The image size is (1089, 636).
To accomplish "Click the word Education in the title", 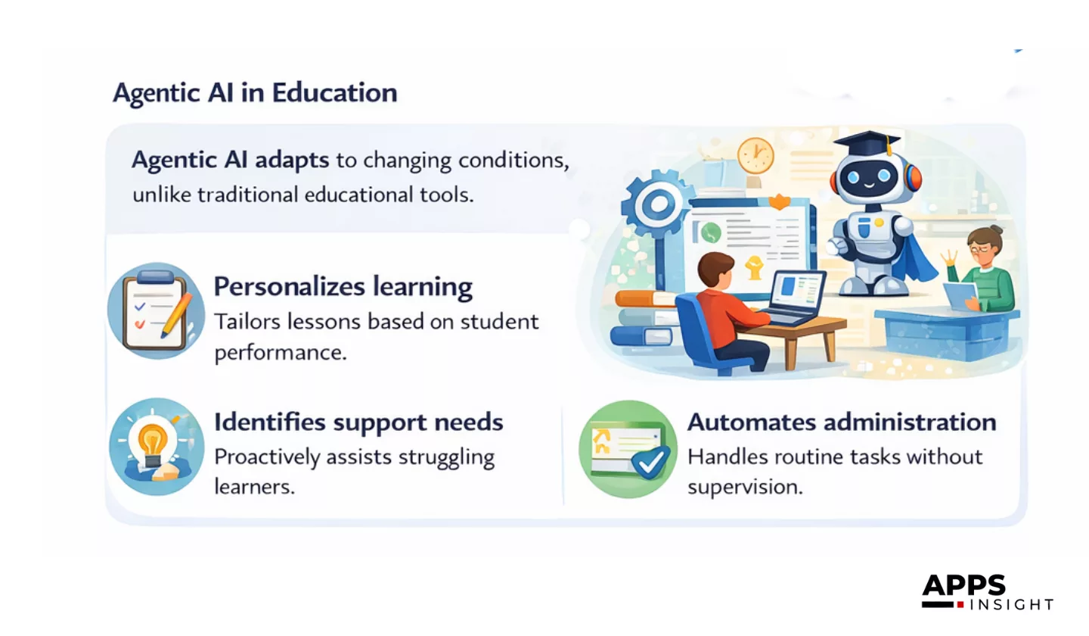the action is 334,92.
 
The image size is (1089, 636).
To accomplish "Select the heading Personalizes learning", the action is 343,287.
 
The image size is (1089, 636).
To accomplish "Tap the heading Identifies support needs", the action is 358,422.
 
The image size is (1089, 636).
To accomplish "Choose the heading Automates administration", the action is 842,422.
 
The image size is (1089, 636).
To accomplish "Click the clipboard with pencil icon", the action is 156,311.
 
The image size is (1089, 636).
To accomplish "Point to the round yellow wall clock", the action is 755,156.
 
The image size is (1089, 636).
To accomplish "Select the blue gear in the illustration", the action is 657,204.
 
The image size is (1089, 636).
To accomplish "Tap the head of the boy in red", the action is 715,272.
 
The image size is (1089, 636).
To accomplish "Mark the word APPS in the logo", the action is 963,585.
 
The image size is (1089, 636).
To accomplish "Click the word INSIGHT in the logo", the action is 1011,604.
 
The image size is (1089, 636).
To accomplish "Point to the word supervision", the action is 745,487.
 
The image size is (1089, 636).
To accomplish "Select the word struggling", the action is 446,458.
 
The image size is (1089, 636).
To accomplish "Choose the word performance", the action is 281,353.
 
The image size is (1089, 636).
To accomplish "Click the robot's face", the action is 869,176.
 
